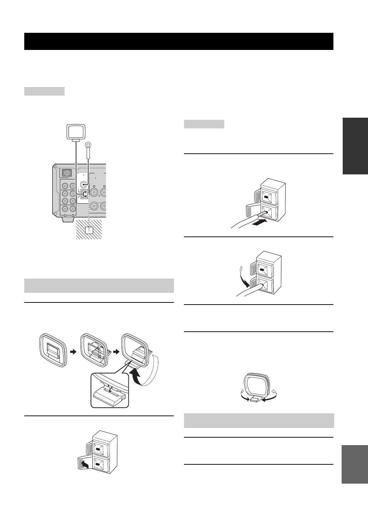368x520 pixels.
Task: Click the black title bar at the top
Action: tap(179, 41)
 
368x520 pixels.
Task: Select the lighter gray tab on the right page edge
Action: tap(355, 464)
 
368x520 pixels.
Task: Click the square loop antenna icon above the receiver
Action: tap(76, 132)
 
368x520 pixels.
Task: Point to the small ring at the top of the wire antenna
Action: tap(88, 145)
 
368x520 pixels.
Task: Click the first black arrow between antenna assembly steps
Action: tap(73, 351)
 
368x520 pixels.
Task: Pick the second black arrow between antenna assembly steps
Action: tap(116, 351)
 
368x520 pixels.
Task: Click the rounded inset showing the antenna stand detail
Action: tap(109, 390)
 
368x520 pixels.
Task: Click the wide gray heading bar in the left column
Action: tap(99, 286)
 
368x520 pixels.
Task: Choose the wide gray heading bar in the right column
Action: tap(259, 420)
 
